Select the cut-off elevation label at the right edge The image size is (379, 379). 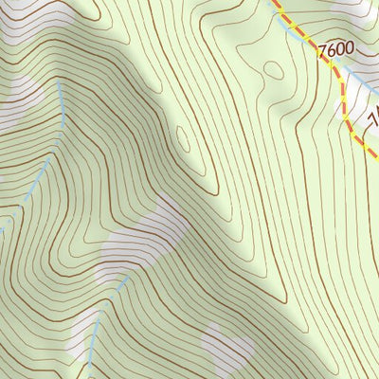pos(372,118)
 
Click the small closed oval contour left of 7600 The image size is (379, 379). pos(274,69)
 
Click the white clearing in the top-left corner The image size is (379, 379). pos(19,19)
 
